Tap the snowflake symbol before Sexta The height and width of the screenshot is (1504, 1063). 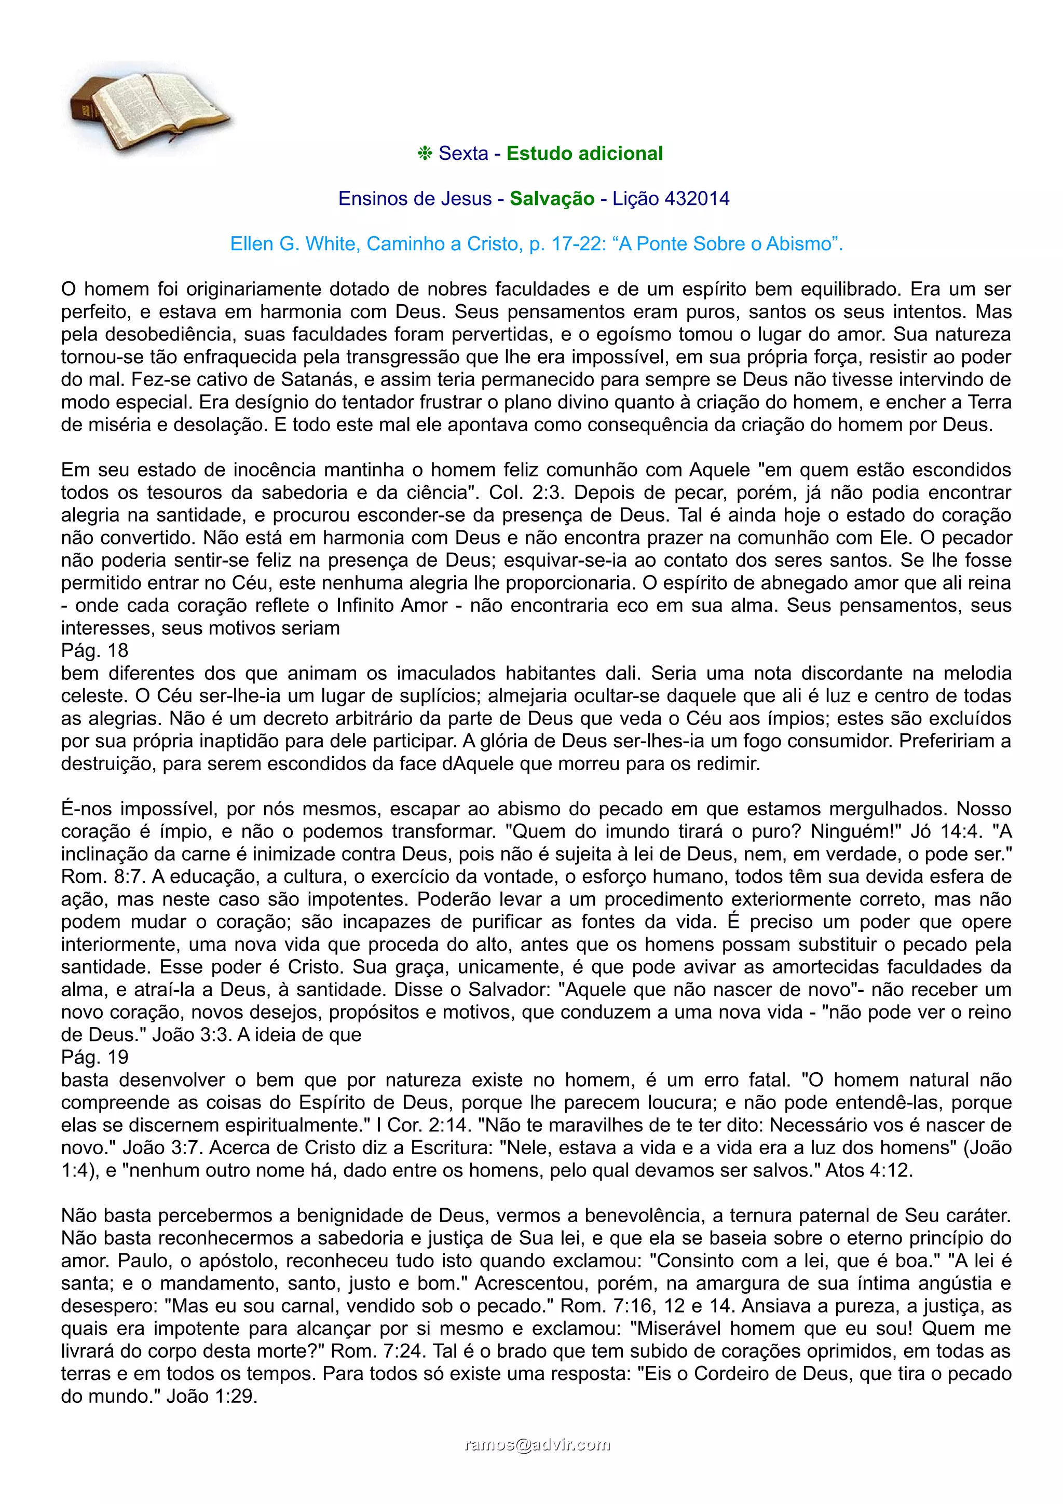[x=425, y=154]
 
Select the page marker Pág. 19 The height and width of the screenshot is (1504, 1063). [x=95, y=1057]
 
